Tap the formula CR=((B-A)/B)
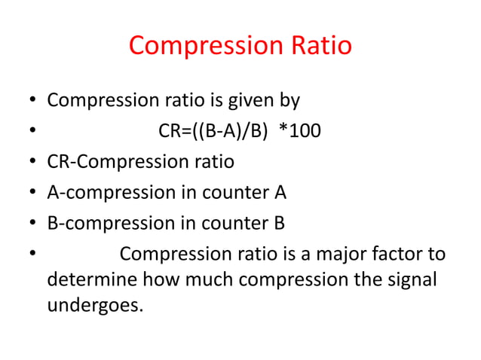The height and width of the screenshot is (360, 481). click(213, 131)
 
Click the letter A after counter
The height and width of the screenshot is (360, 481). click(280, 193)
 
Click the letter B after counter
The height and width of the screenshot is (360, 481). click(280, 224)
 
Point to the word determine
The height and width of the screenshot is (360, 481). click(92, 280)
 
